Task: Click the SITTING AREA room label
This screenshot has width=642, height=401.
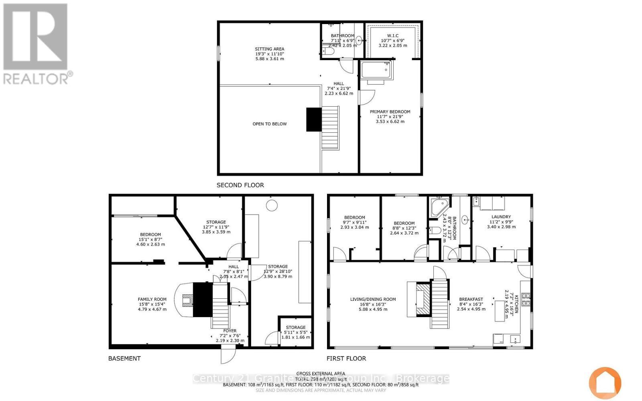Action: [x=270, y=49]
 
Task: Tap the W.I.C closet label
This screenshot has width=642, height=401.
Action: [x=392, y=36]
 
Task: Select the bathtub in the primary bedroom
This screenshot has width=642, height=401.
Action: [x=376, y=71]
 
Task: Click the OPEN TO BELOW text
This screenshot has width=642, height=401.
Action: [x=270, y=124]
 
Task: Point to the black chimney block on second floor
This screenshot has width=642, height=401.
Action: [x=314, y=119]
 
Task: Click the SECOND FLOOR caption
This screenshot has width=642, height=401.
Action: [x=240, y=185]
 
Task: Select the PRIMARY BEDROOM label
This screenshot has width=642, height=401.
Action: [x=390, y=112]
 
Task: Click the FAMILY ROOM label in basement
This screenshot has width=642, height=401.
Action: [x=152, y=300]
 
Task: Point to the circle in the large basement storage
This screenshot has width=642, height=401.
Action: [x=272, y=206]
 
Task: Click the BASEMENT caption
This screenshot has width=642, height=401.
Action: [x=124, y=358]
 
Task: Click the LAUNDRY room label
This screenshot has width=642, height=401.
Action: [x=501, y=217]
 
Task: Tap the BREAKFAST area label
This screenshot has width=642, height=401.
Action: [x=471, y=300]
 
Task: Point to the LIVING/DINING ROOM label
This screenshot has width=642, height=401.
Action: [x=373, y=300]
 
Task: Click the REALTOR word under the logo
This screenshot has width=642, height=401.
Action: [x=36, y=78]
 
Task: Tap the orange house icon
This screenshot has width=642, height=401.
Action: [x=605, y=382]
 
